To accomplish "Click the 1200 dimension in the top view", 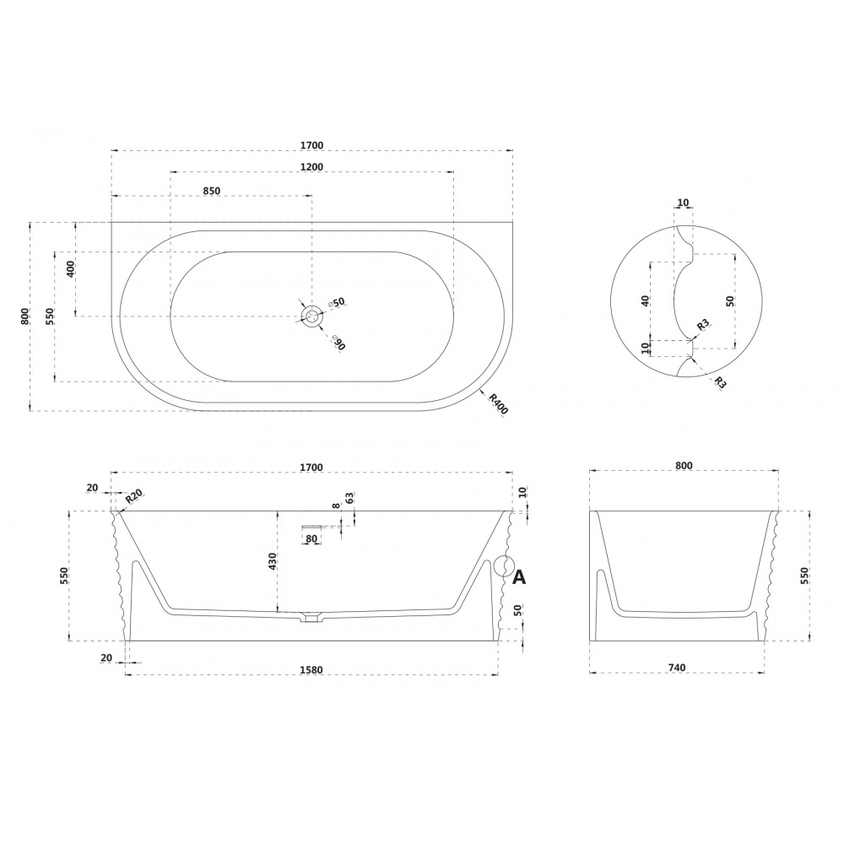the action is (311, 167).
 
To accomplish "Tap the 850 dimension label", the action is (212, 191).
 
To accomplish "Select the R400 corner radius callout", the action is (499, 404).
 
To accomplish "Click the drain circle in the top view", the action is (311, 316).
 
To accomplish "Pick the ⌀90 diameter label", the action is (338, 343).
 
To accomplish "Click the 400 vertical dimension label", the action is (71, 268).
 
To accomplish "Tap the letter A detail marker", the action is (519, 577).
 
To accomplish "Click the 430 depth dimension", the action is (273, 561).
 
